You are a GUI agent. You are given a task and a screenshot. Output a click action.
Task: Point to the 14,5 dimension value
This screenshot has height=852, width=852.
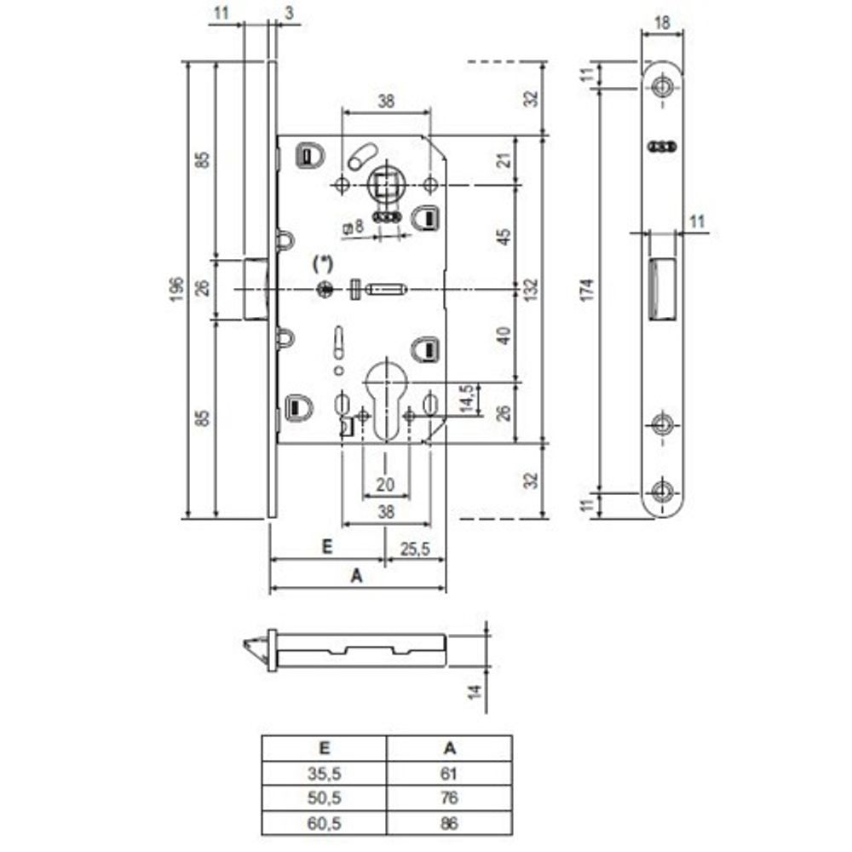coord(467,399)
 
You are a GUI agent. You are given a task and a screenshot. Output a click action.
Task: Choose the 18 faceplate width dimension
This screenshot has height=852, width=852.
coord(662,23)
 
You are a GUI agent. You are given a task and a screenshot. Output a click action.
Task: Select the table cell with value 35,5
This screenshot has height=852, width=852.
coord(325,774)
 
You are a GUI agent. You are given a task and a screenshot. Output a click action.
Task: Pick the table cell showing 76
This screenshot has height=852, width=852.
coord(450,798)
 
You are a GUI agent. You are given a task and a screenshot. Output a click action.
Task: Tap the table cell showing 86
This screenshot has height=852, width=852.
coord(450,823)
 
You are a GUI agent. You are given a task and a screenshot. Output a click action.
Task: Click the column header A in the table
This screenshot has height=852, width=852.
coord(450,749)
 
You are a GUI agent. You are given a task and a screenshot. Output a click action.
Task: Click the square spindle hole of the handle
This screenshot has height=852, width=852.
coord(385,183)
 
